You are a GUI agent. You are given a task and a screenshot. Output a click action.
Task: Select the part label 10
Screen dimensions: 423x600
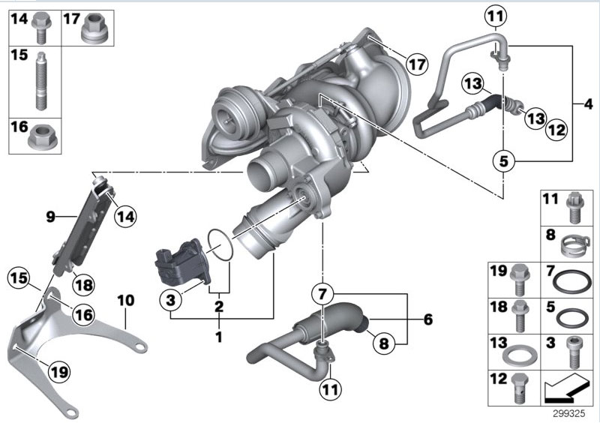(125, 301)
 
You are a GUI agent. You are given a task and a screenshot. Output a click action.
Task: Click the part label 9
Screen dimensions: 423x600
(51, 217)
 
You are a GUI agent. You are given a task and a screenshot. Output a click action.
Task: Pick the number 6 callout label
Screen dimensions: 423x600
(427, 319)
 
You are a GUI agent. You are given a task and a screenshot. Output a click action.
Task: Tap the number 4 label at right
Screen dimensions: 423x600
(587, 103)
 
